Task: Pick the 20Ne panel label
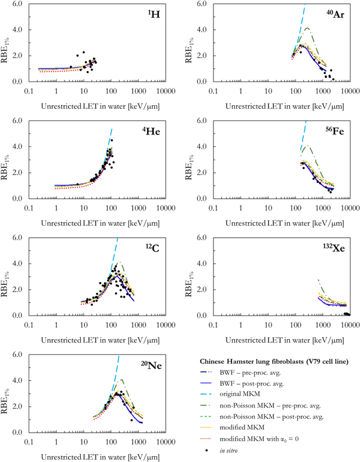click(155, 365)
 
